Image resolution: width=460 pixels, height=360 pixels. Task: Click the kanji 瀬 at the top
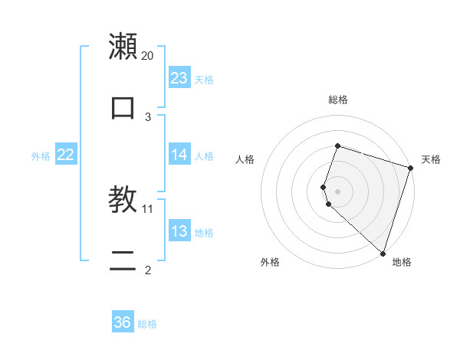coord(123,47)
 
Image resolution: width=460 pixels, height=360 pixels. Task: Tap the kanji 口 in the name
coord(123,107)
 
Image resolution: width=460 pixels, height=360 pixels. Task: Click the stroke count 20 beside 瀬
coord(148,56)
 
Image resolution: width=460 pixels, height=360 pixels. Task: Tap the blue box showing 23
coord(179,78)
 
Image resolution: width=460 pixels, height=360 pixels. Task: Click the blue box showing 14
coord(179,155)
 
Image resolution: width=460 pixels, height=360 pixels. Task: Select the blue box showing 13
coord(179,231)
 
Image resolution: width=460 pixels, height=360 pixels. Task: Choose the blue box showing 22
coord(66,155)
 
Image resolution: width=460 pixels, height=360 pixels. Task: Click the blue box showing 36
coord(123,322)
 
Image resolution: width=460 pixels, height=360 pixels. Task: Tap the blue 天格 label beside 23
coord(204,79)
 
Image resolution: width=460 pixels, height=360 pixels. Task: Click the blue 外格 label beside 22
coord(41,155)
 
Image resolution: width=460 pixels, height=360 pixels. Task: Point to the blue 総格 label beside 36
coord(147,323)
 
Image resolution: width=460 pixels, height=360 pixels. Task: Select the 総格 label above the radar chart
coord(337,100)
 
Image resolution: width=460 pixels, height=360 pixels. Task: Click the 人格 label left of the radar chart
coord(245,159)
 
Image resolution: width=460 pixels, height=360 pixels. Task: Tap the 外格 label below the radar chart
coord(270,262)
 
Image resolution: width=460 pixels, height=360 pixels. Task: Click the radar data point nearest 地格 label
coord(383,253)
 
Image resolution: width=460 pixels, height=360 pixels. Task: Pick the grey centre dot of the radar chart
coord(337,191)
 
